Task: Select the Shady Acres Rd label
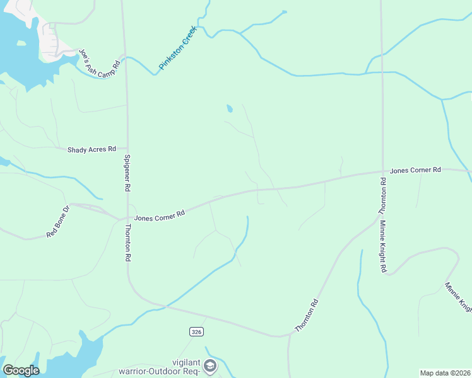click(x=92, y=149)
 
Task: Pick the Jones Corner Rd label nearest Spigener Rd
click(x=159, y=215)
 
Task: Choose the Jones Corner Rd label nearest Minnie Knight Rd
click(x=415, y=170)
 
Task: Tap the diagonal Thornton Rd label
click(x=307, y=316)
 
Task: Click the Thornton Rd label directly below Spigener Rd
click(x=127, y=243)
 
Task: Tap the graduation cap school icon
click(x=210, y=366)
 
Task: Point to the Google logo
click(x=21, y=370)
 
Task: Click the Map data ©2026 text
click(x=445, y=373)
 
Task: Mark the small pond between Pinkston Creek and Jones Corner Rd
click(x=229, y=109)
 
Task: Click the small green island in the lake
click(x=21, y=43)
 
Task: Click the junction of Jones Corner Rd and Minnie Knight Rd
click(x=382, y=171)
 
